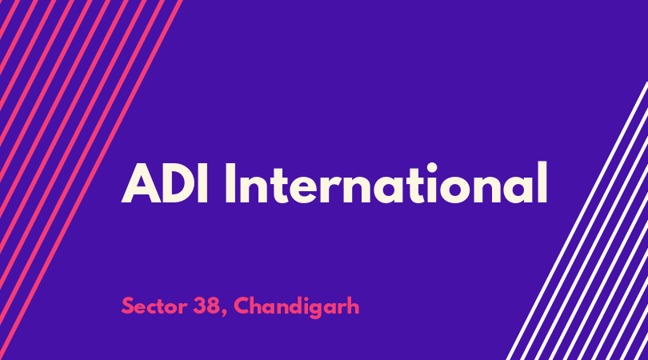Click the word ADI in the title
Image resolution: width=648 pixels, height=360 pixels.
165,184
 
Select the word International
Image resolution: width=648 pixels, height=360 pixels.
386,182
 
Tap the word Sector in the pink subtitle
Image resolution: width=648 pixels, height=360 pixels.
154,306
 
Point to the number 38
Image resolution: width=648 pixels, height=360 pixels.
206,306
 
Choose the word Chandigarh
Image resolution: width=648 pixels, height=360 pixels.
297,307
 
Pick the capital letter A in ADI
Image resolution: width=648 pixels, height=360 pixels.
141,184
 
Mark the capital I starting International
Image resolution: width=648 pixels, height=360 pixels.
230,184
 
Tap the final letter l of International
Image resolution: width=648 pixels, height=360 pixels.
542,182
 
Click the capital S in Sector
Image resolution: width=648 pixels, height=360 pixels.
128,306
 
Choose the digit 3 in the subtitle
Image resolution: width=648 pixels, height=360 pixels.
199,306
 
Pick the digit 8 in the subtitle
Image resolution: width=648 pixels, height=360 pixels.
213,306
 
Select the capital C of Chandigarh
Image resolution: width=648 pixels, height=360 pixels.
242,306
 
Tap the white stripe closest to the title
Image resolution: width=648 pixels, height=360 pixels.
577,221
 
